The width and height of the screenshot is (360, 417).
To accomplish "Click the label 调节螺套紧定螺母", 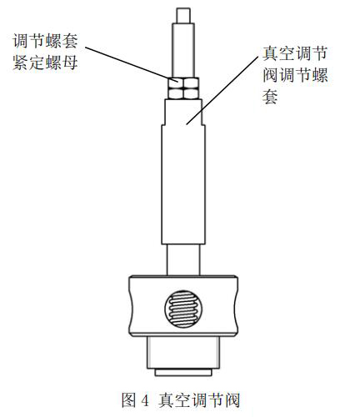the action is [x=45, y=52].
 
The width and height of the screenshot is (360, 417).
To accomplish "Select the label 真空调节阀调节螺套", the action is [x=295, y=75].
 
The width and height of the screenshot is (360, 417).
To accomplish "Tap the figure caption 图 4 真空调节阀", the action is [x=181, y=400].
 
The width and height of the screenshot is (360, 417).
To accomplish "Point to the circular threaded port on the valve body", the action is [x=183, y=309].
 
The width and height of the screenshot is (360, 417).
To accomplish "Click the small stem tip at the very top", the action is [x=183, y=16].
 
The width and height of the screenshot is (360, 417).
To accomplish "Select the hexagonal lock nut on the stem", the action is [x=183, y=88].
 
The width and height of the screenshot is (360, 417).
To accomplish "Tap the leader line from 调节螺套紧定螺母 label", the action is [x=132, y=64].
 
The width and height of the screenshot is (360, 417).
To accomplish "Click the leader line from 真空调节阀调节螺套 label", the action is [x=222, y=90].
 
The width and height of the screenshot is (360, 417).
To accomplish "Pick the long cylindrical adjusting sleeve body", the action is [x=183, y=184].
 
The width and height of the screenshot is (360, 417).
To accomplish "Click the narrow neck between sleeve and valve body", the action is [x=183, y=260].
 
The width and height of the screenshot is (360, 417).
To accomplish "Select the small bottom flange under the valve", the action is [x=183, y=373].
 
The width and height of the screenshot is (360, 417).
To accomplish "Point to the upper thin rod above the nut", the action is [x=183, y=51].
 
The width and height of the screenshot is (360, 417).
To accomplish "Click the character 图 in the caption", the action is [x=128, y=400].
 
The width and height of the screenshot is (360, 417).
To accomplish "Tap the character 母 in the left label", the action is [x=70, y=63].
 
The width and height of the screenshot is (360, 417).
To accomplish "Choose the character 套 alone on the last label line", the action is [x=270, y=97].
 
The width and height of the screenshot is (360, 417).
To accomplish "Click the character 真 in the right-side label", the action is [x=270, y=53].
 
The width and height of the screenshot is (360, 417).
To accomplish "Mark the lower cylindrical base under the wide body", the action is [x=183, y=353].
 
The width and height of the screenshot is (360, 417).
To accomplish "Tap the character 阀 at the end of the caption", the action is [x=232, y=400].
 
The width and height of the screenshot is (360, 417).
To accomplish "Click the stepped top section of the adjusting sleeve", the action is [x=183, y=112].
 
